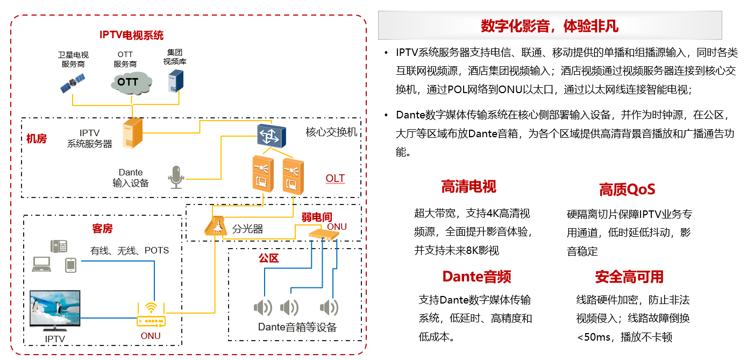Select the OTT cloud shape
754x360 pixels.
point(129,82)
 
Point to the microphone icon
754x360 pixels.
point(176,177)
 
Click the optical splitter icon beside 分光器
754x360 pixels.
point(216,226)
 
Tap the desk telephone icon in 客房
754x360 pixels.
point(59,246)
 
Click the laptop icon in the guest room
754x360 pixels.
point(42,264)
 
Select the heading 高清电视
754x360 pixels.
point(468,187)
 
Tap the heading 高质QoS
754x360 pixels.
point(627,189)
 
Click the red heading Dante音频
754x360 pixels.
point(476,277)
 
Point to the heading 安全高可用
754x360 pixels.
point(629,277)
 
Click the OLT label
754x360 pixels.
point(335,179)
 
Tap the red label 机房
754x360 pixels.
point(37,139)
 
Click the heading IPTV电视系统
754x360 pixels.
point(131,36)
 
